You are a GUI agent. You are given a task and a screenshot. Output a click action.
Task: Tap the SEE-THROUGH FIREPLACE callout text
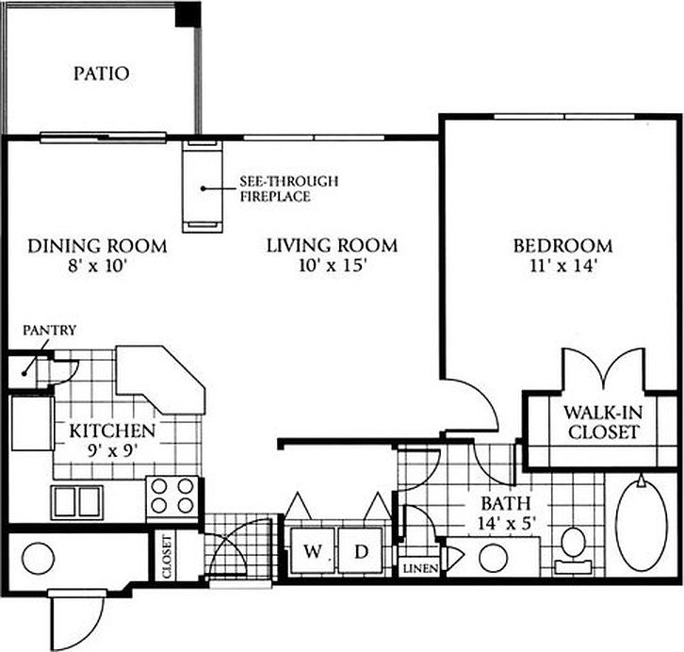click(276, 189)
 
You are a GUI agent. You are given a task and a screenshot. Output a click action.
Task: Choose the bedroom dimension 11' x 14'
click(562, 267)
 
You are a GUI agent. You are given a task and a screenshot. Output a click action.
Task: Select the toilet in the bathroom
click(572, 546)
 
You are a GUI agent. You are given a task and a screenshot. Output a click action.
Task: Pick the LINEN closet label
click(416, 569)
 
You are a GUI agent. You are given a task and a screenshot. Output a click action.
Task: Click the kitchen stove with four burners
click(173, 496)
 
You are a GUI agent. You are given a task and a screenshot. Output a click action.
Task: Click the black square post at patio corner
click(191, 13)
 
